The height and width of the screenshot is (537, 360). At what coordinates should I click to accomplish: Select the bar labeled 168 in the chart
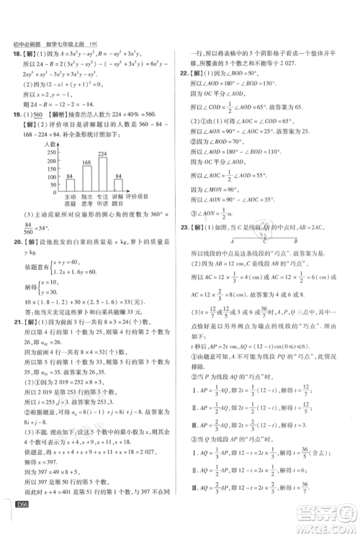[x=86, y=176]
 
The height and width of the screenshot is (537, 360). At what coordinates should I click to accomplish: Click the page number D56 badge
[x=20, y=524]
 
